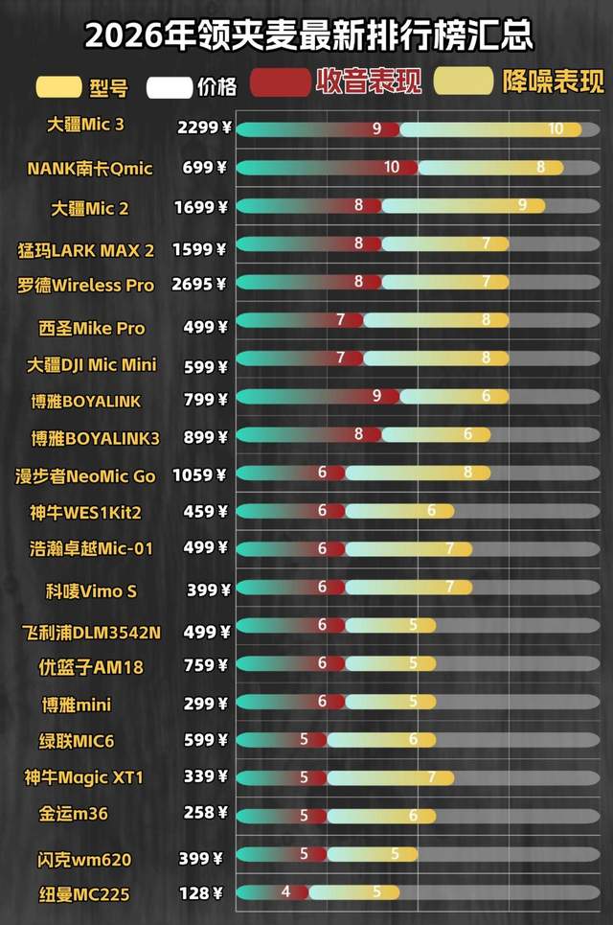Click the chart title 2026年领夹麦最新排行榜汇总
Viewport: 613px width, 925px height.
pos(307,35)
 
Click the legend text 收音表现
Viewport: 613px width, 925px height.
pos(369,82)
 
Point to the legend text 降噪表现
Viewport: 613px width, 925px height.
pos(554,82)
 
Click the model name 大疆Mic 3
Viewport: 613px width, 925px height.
pos(86,126)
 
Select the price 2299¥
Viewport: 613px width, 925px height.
pos(204,127)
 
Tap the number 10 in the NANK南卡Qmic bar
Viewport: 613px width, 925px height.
pos(392,167)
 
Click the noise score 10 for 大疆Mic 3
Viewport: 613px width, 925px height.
pos(556,128)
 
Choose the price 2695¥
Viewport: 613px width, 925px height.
pos(202,284)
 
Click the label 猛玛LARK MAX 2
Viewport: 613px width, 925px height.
pos(85,251)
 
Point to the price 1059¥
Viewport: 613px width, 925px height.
pos(199,474)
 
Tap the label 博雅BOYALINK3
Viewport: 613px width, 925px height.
pos(95,438)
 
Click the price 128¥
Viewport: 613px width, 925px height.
pos(201,893)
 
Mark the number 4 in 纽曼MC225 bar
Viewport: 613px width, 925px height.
pos(285,890)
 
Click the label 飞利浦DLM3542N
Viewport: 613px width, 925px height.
pos(91,633)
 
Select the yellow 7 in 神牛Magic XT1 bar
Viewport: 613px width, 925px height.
pos(433,777)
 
